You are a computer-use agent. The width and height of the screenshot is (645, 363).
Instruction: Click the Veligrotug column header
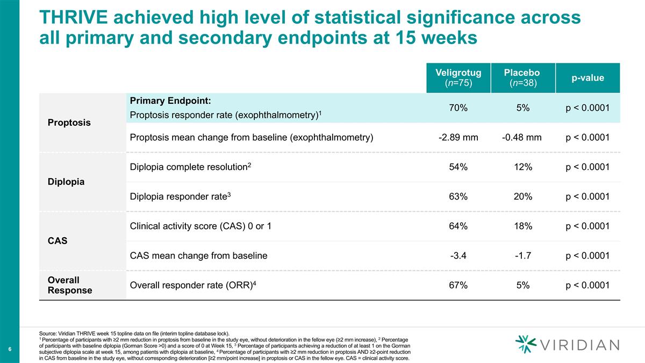coord(458,77)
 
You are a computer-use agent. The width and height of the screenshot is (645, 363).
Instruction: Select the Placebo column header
coord(522,77)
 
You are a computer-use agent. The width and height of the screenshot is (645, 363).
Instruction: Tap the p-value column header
coord(587,77)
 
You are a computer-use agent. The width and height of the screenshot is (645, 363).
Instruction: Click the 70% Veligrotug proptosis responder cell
coord(458,108)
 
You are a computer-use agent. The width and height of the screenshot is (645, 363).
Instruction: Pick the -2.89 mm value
coord(458,138)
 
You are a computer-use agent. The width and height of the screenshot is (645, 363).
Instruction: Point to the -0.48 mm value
coord(522,138)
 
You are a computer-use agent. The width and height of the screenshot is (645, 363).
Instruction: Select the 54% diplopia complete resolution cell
coord(458,167)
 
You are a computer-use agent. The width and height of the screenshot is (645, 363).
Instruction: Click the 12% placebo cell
coord(522,167)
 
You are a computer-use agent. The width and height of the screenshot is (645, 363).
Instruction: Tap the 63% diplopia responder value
coord(458,197)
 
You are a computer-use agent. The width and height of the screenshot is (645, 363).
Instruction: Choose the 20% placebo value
coord(522,197)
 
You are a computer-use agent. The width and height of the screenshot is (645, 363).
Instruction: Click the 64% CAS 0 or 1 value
coord(458,226)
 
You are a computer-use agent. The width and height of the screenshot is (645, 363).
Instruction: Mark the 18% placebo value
coord(522,226)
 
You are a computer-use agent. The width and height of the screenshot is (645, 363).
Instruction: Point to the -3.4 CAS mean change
coord(458,256)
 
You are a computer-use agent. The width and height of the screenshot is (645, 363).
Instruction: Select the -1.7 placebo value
coord(522,256)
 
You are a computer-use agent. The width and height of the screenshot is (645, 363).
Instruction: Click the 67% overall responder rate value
coord(458,286)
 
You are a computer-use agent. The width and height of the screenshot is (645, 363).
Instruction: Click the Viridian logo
coord(567,344)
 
